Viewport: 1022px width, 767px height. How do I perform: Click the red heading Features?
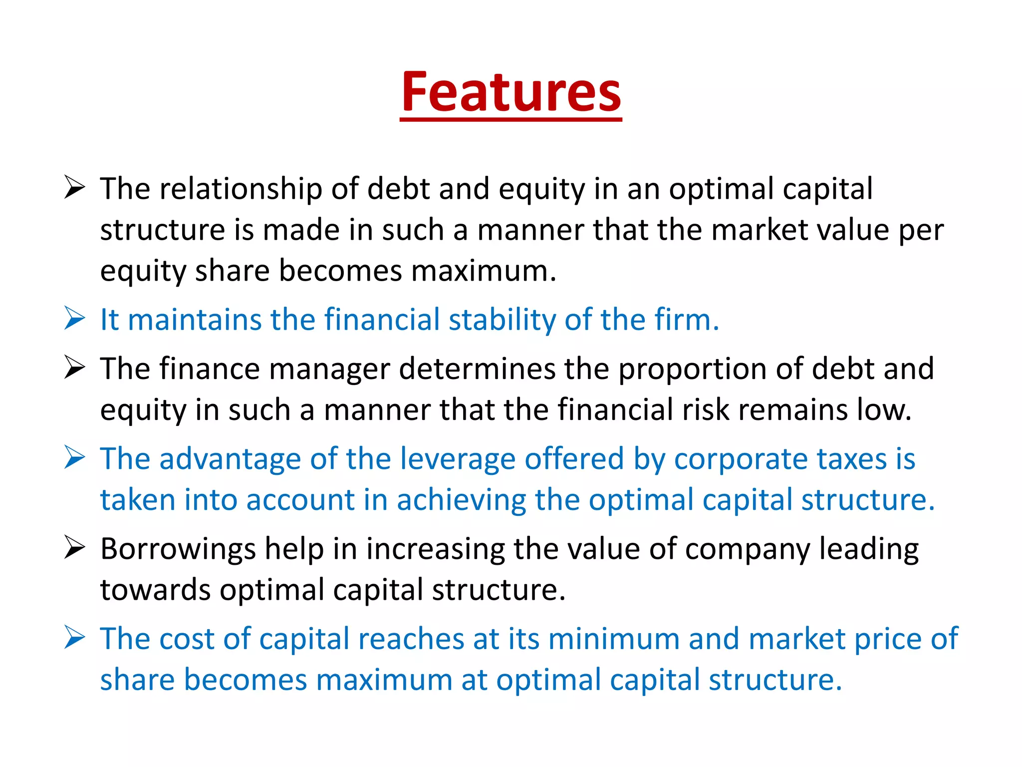pyautogui.click(x=511, y=92)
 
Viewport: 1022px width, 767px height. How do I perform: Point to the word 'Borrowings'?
pyautogui.click(x=178, y=549)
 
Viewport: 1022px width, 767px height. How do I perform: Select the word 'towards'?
pyautogui.click(x=155, y=590)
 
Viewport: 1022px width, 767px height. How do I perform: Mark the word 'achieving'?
pyautogui.click(x=462, y=500)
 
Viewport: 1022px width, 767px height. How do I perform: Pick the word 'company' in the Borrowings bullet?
pyautogui.click(x=748, y=549)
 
